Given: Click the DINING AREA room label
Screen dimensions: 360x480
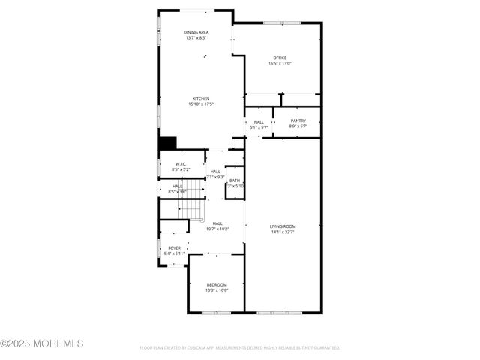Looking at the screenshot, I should pos(196,32).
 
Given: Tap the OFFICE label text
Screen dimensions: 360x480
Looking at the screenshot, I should pos(280,58).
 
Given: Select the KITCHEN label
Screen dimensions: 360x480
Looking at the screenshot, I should pos(201,98).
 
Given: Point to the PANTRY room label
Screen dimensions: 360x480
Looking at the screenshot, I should pos(298,121).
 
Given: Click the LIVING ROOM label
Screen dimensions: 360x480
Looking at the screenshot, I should pos(283,226).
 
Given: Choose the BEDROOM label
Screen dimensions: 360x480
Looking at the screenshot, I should pos(217,284).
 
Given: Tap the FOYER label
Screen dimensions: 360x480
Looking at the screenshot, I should pos(174,247).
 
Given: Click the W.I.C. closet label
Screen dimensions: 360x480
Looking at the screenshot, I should pos(181,164).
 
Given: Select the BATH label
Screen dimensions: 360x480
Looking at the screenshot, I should pos(235,180).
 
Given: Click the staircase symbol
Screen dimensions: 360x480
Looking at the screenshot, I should pos(193,208).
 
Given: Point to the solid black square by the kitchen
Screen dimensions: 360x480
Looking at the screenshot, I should pos(166,143).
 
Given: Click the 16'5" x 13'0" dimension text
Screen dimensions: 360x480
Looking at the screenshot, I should pos(280,64).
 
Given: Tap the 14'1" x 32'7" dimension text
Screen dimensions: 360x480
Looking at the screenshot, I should pos(283,232).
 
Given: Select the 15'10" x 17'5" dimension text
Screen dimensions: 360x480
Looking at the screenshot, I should pos(201,104).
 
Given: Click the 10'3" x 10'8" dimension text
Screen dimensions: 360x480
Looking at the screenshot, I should pos(217,290).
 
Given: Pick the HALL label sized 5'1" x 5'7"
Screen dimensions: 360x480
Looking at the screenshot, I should pos(259,121).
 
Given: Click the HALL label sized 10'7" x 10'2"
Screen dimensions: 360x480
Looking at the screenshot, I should pos(217,223).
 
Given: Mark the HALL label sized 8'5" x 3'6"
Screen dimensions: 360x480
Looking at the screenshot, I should pos(178,186).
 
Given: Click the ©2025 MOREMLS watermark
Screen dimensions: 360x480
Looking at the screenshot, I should pos(42,343).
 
